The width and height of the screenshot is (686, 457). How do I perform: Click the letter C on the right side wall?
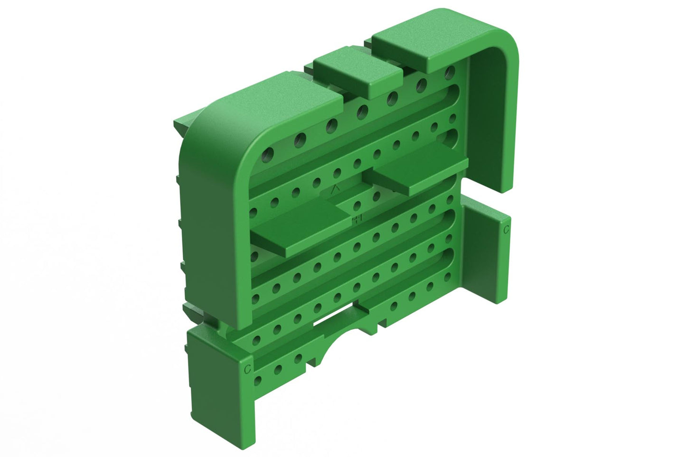point(506,230)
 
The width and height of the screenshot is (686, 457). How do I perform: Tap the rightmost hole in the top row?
point(449,72)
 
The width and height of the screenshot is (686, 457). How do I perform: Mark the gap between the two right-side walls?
point(484,196)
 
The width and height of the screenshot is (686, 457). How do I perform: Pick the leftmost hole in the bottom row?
point(258,379)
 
